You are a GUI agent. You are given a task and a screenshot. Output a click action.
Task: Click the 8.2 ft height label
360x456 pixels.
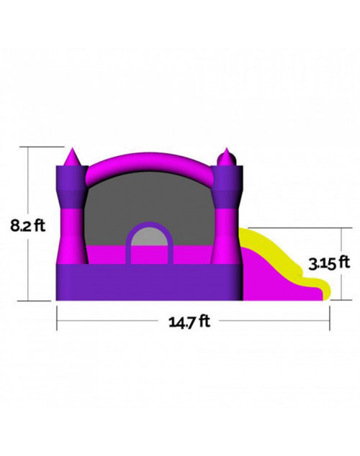28,226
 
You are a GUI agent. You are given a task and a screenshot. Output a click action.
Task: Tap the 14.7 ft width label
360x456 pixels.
189,321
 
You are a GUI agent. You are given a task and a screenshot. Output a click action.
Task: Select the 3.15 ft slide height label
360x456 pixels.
328,263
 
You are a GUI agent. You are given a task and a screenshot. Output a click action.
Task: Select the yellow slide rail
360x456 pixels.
280,250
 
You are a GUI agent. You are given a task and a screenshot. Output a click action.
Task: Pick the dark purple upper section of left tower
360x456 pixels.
70,185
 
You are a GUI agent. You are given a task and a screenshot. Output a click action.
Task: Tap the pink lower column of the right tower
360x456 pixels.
226,235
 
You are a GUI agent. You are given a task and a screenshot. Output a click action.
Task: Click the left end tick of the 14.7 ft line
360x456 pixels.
57,319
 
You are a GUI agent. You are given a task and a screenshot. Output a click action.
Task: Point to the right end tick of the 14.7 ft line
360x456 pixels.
330,319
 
